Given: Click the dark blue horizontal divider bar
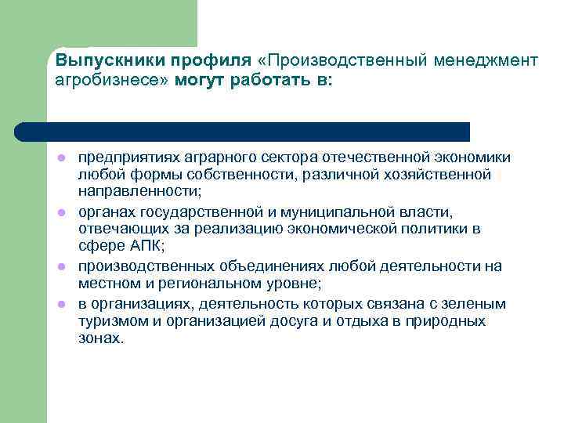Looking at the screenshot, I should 243,132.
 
